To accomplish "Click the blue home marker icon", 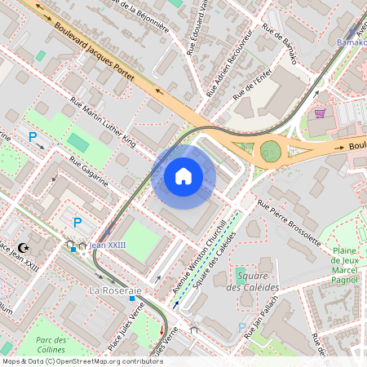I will click(183, 176).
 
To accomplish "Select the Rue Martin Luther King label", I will click(104, 122).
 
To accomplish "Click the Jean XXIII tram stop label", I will click(109, 245).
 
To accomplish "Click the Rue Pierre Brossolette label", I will click(288, 222).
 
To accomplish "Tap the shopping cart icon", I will click(321, 113).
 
